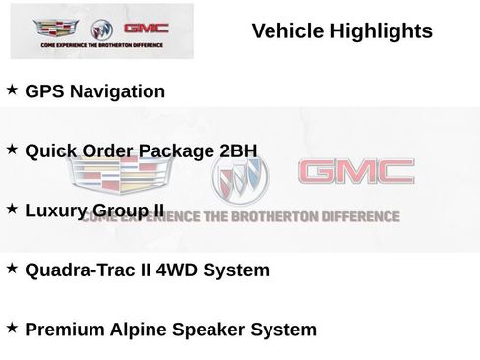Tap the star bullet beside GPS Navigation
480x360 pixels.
tap(13, 90)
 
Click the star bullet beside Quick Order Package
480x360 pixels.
tap(13, 150)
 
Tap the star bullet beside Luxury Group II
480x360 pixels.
tap(13, 209)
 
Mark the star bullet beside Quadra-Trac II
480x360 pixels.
tap(13, 268)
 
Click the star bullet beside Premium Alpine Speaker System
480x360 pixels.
tap(13, 328)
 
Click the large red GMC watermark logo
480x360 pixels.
tap(356, 174)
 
